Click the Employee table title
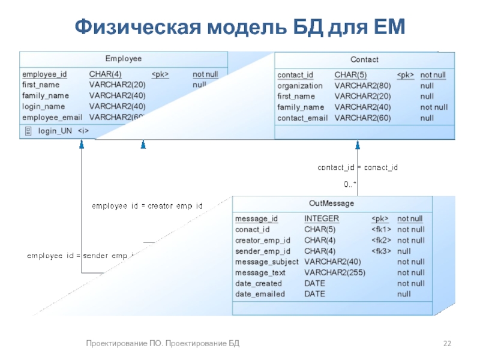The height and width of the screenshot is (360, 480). pos(124,59)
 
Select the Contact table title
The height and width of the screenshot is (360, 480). pos(364,59)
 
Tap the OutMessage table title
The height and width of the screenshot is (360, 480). pos(332,203)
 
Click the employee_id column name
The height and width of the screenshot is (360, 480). pos(44,74)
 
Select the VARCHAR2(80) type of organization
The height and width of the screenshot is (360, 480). pos(362,86)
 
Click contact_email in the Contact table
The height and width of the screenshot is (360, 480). pos(302,118)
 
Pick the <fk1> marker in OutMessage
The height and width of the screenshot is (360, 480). pos(382,229)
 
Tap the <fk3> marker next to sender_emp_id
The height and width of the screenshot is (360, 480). pos(382,251)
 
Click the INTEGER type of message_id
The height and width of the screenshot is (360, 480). pos(322,218)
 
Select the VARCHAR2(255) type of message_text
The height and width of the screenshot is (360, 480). pos(335,272)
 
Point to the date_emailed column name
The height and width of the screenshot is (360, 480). pos(260,294)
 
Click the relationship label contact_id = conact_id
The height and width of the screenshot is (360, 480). pos(358,167)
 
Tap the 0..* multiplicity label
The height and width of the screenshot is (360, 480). pos(350,183)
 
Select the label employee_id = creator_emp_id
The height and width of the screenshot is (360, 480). pos(146,206)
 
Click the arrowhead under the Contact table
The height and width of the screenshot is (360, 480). pos(358,145)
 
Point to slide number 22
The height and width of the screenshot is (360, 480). pos(447,343)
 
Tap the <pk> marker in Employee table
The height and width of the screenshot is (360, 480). pos(160,74)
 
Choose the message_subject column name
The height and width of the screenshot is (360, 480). pos(266,262)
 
